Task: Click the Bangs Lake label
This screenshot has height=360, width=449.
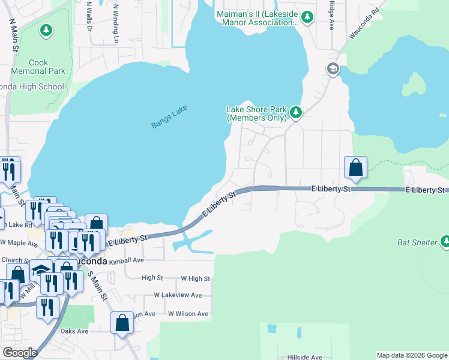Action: coord(169,116)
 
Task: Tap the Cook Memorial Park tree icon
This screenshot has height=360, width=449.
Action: coord(46,30)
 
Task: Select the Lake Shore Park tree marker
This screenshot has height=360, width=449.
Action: coord(295,112)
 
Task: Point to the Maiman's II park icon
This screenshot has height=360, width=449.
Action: coord(307,16)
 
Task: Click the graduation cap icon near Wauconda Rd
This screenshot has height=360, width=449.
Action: coord(333,69)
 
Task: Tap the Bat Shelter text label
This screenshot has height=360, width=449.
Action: coord(417,242)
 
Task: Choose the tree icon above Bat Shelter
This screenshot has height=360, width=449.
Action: coord(445,242)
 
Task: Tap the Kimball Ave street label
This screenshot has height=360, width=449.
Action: coord(127,261)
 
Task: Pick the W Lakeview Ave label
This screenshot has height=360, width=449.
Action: coord(181,295)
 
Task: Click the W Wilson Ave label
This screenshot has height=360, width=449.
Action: coord(188,314)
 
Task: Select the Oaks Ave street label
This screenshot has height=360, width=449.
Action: coord(74,331)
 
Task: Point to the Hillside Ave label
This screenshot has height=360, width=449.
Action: coord(304,357)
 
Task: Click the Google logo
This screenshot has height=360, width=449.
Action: coord(20,353)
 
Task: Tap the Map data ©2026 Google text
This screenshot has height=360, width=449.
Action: coord(412,355)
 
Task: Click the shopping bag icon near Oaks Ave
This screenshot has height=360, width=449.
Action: coord(122,322)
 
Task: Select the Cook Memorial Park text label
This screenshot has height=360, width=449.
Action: coord(47,67)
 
